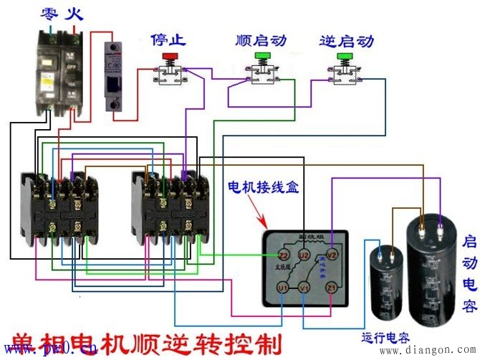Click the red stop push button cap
click(x=171, y=56)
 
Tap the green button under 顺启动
click(x=262, y=56)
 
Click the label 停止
click(x=169, y=39)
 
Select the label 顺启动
click(x=261, y=39)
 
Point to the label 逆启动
click(x=346, y=40)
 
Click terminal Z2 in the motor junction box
click(x=283, y=255)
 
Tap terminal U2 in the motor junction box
click(x=304, y=255)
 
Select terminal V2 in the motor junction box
click(x=331, y=255)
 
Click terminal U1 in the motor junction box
click(x=283, y=288)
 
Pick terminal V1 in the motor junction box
click(x=304, y=288)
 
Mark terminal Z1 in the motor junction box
click(x=331, y=288)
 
